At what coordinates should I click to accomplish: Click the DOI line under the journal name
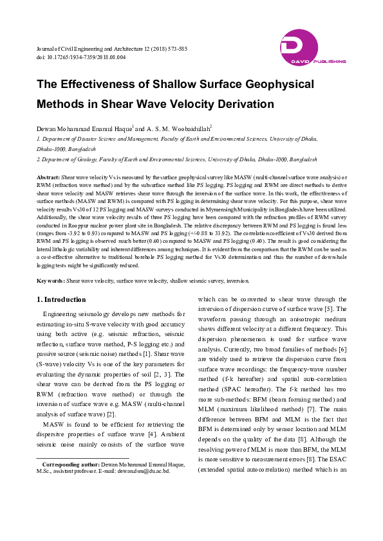[81, 57]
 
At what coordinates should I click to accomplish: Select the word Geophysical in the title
[259, 84]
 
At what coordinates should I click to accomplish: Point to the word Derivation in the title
[241, 104]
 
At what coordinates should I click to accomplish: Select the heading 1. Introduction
[61, 299]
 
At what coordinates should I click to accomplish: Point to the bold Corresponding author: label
[71, 464]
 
